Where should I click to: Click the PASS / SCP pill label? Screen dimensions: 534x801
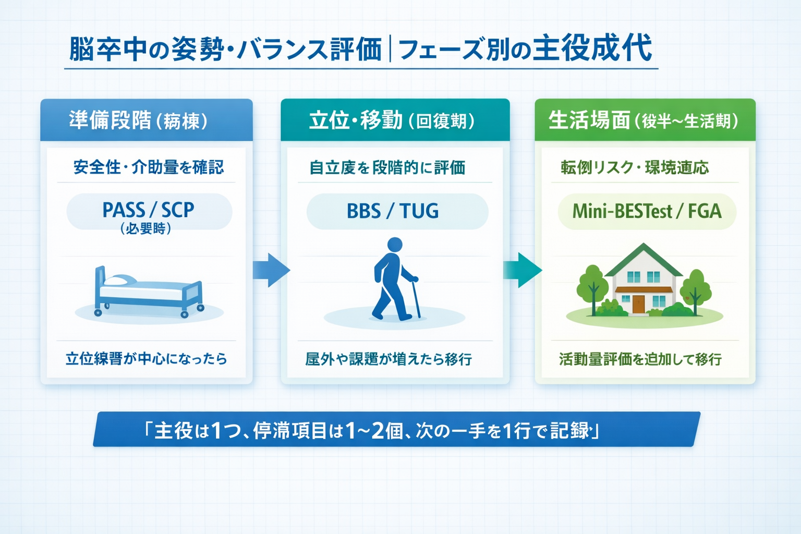[x=149, y=210]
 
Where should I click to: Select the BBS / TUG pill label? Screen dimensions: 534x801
[x=393, y=211]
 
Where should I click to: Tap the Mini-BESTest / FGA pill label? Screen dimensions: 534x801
[x=647, y=211]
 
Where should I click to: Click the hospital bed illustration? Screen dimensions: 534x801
[x=149, y=292]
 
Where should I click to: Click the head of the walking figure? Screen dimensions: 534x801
[x=395, y=245]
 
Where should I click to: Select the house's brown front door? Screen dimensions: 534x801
[x=638, y=304]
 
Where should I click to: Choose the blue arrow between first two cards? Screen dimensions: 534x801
[x=271, y=270]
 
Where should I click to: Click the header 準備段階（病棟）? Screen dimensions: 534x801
[x=139, y=120]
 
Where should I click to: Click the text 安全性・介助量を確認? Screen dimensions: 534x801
[x=149, y=167]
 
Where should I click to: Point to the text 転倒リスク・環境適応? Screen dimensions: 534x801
[x=635, y=167]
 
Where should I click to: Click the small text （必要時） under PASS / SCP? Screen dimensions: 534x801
[x=145, y=228]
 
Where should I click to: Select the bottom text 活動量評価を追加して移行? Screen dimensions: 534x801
[x=640, y=359]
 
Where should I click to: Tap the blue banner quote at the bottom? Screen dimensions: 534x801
[x=396, y=430]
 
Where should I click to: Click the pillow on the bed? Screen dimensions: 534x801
[x=119, y=281]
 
